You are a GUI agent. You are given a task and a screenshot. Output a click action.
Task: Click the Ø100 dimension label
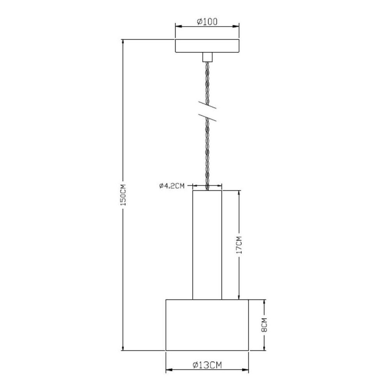point(207,22)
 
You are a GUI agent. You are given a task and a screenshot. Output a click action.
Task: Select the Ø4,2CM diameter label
point(171,186)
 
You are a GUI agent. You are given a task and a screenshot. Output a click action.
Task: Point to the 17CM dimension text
point(239,245)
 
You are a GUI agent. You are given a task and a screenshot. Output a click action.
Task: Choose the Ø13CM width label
point(207,365)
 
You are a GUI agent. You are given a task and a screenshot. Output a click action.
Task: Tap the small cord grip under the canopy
point(207,57)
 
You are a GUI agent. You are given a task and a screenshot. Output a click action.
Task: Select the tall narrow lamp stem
point(207,245)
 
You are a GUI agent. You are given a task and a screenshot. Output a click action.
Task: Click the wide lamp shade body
point(207,325)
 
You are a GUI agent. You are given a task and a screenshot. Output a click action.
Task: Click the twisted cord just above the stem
point(207,175)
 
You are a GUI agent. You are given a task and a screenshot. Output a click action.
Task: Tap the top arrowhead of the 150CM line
point(123,41)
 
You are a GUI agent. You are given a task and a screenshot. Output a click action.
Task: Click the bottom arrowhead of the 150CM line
point(123,348)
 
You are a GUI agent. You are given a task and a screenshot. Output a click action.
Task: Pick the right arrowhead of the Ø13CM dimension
point(246,369)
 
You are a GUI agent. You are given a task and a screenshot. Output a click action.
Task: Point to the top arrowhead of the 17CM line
point(239,193)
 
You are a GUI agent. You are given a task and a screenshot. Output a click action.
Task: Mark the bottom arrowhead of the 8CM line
point(265,348)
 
